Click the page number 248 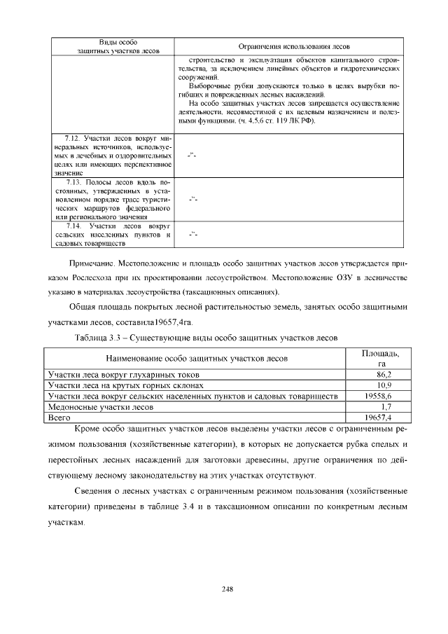(x=227, y=588)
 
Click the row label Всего (x=55, y=416)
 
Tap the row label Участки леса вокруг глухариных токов (x=122, y=375)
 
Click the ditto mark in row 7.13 (x=194, y=199)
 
